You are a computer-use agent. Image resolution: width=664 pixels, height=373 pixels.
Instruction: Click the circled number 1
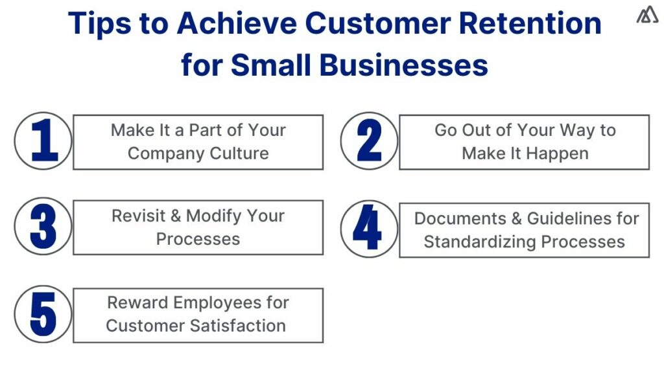pos(43,141)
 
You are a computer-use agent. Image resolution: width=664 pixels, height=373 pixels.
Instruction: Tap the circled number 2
pos(369,141)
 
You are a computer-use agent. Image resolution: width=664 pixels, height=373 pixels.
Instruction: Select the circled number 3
pos(43,227)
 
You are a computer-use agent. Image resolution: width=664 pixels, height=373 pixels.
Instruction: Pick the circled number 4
pos(369,229)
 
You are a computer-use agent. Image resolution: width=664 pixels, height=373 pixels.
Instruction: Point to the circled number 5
pos(43,314)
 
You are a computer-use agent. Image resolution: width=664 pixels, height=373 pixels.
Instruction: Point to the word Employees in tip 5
pos(216,302)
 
